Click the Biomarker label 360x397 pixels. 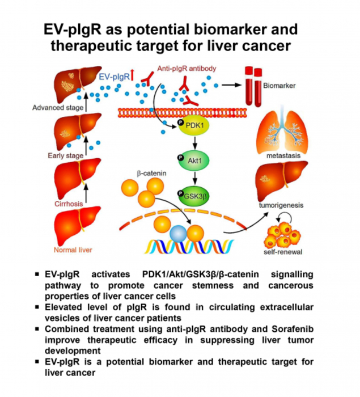tap(278, 88)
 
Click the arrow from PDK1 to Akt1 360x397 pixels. tap(193, 145)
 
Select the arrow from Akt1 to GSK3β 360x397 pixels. tap(193, 179)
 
